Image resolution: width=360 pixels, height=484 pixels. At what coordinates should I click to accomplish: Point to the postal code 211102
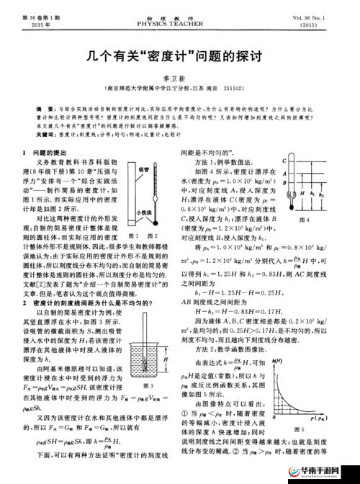tap(253, 90)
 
